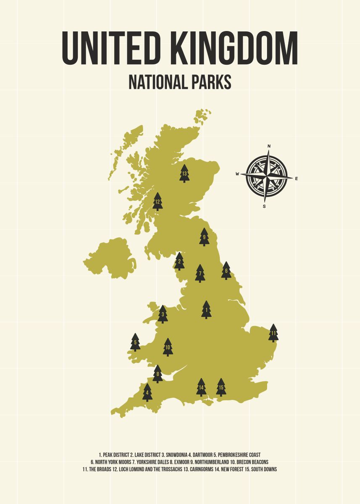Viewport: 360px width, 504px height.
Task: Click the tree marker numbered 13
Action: [184, 173]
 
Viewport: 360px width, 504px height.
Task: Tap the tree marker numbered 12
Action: [158, 202]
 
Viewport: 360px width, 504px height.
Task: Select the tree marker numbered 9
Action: [204, 237]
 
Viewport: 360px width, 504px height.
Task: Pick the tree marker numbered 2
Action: [179, 262]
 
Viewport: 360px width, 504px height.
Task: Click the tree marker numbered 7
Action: [200, 273]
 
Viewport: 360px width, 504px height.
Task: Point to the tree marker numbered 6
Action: [226, 271]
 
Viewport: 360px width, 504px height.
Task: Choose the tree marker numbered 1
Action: [206, 310]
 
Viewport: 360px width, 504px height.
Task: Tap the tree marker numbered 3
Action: [163, 314]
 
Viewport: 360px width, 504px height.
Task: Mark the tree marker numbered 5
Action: [135, 342]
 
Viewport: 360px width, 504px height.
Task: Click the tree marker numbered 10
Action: [168, 347]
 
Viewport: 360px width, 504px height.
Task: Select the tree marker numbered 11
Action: [273, 333]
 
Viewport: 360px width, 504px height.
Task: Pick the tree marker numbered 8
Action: [158, 374]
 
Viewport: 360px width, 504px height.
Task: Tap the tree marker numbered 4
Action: [147, 393]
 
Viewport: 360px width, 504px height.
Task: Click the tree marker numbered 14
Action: [201, 387]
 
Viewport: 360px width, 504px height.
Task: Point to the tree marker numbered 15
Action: [221, 387]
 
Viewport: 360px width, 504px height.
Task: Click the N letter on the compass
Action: [269, 146]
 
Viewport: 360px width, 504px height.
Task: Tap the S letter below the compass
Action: [264, 206]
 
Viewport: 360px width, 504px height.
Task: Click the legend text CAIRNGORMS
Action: [201, 469]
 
